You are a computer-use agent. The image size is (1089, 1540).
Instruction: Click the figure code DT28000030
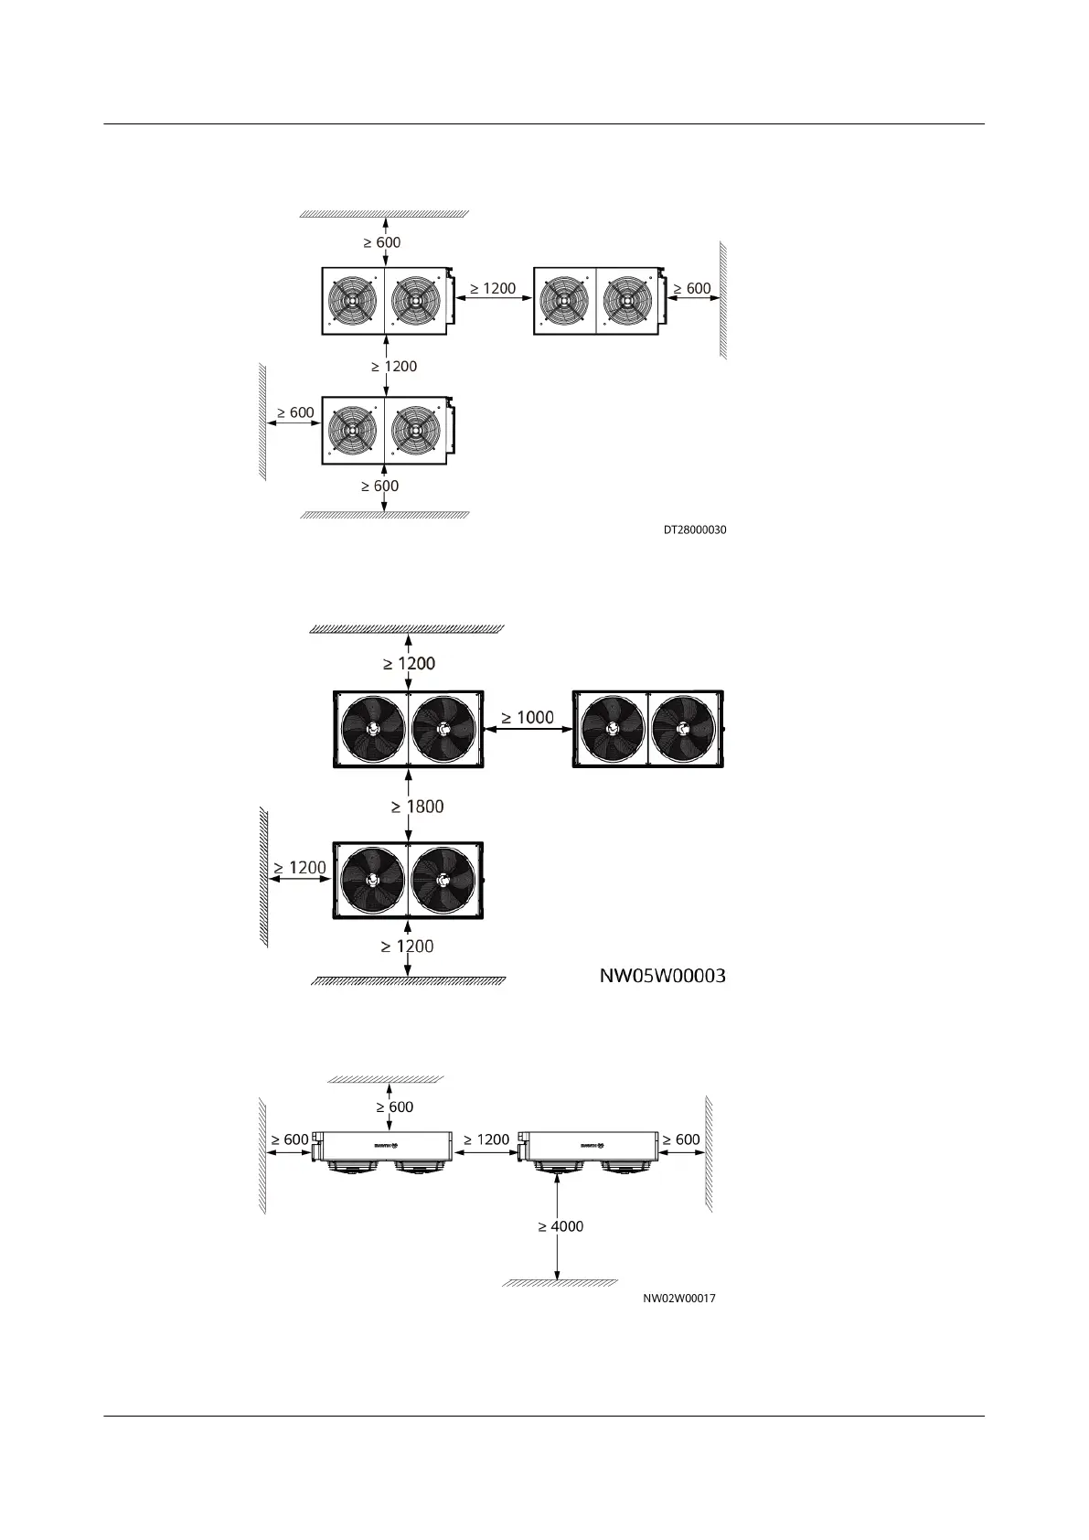(x=695, y=529)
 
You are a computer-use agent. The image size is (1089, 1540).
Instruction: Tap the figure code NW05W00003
(x=662, y=976)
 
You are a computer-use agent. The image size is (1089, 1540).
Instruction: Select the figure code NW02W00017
(x=678, y=1298)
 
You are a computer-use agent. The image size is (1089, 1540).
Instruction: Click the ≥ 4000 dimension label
(x=561, y=1225)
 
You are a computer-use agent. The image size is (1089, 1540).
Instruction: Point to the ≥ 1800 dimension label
(x=417, y=807)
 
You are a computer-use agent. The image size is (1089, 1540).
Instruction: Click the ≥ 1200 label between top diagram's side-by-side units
(x=493, y=288)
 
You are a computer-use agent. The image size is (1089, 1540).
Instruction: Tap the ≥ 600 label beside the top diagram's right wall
(x=692, y=288)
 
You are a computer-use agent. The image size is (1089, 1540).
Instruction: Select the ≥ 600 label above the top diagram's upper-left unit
(x=381, y=242)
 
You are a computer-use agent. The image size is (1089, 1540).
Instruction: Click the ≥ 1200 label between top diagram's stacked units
(x=394, y=366)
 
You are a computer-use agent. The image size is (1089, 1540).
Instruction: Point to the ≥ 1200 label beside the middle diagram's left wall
(x=299, y=867)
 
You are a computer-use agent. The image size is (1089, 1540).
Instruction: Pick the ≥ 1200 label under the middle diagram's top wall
(x=409, y=663)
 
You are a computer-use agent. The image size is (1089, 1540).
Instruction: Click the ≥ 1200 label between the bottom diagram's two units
(x=486, y=1139)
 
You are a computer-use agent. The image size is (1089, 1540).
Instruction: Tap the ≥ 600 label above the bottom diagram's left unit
(x=395, y=1107)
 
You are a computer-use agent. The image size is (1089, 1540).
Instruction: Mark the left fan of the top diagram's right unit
(x=564, y=300)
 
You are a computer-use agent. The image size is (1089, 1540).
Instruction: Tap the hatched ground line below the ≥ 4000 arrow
(x=560, y=1282)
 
